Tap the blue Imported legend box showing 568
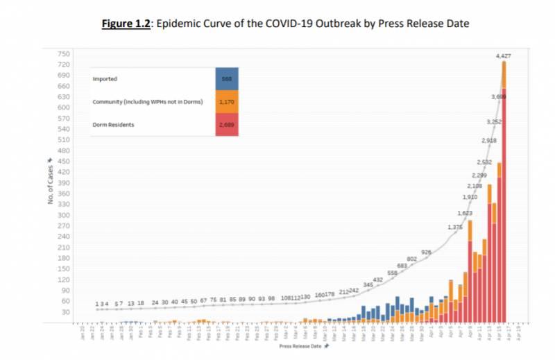pyautogui.click(x=226, y=78)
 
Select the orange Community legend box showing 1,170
pyautogui.click(x=226, y=102)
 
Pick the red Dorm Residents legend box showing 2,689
pyautogui.click(x=226, y=125)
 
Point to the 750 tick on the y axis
pyautogui.click(x=64, y=54)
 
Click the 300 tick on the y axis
pyautogui.click(x=64, y=215)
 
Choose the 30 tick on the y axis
pyautogui.click(x=65, y=312)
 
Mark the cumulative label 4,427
pyautogui.click(x=504, y=55)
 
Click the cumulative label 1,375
pyautogui.click(x=455, y=227)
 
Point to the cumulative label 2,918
pyautogui.click(x=488, y=141)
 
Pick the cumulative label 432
pyautogui.click(x=378, y=279)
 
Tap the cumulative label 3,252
pyautogui.click(x=493, y=122)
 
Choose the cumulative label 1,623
pyautogui.click(x=465, y=212)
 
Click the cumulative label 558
pyautogui.click(x=392, y=273)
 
